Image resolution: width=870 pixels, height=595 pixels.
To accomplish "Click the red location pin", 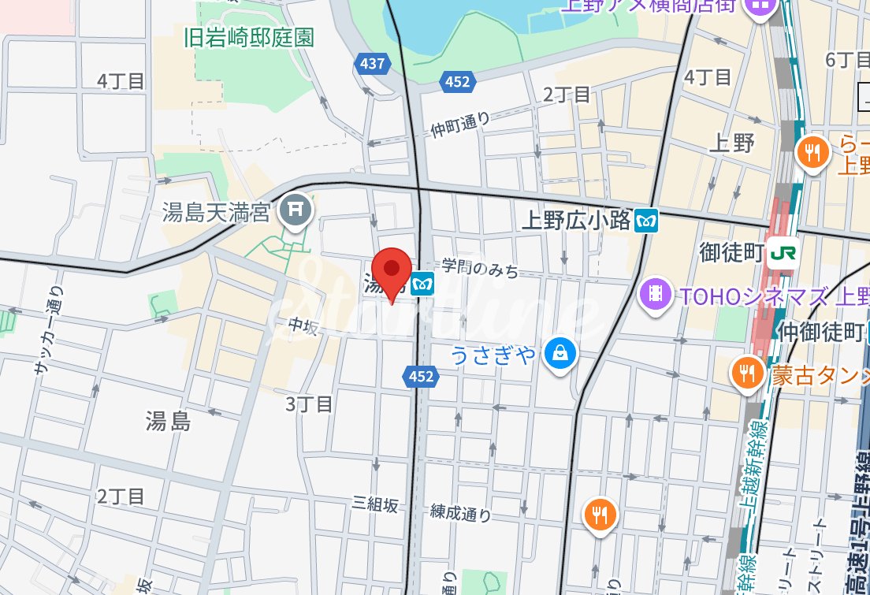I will (392, 272).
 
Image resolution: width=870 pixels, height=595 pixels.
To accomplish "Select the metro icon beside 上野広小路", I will (646, 221).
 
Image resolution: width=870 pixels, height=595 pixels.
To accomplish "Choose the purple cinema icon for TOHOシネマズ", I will (655, 295).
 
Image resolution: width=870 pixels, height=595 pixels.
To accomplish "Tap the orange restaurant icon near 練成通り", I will (600, 515).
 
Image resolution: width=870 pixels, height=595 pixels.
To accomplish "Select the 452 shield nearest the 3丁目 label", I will (421, 377).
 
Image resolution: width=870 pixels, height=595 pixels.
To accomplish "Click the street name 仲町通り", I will (460, 124).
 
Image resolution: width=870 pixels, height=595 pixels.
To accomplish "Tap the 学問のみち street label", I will (480, 268).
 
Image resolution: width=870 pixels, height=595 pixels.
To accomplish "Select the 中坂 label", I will (302, 325).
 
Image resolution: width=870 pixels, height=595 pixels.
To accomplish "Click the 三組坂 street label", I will (375, 505).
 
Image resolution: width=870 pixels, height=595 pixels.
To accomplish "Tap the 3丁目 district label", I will (309, 404).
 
